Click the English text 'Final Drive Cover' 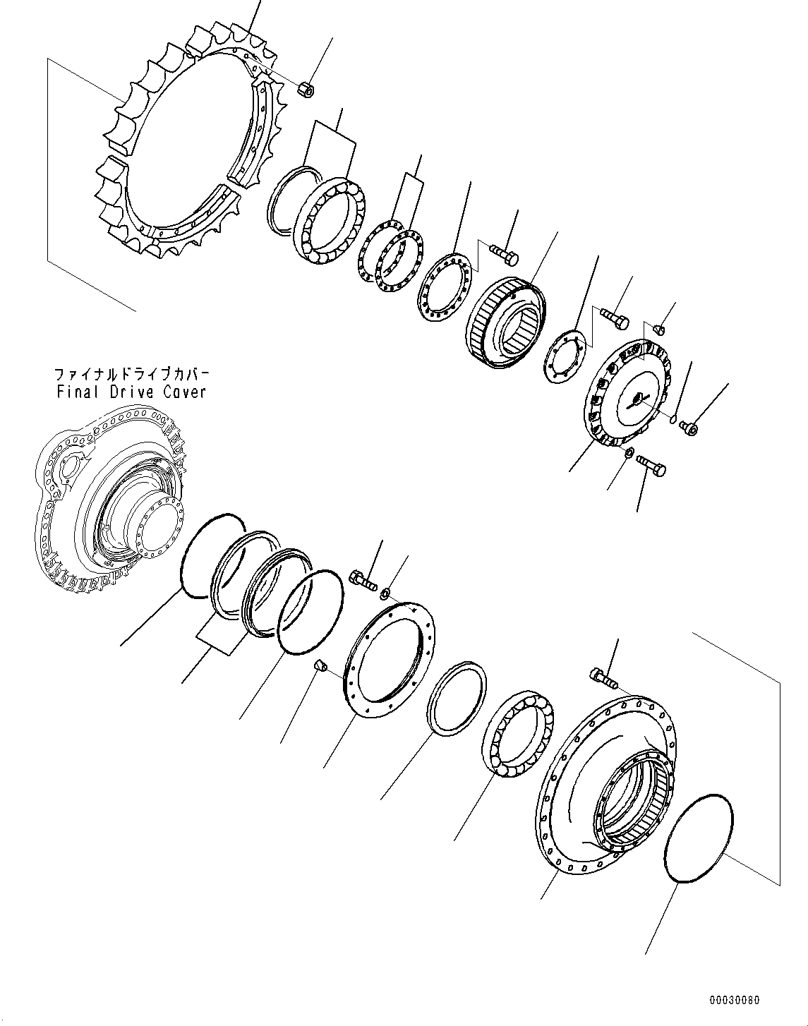(131, 392)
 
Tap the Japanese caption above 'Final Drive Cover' (131, 374)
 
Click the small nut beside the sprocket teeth (307, 90)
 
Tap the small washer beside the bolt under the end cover (628, 452)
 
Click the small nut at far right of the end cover (692, 426)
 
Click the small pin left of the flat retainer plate (319, 665)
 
